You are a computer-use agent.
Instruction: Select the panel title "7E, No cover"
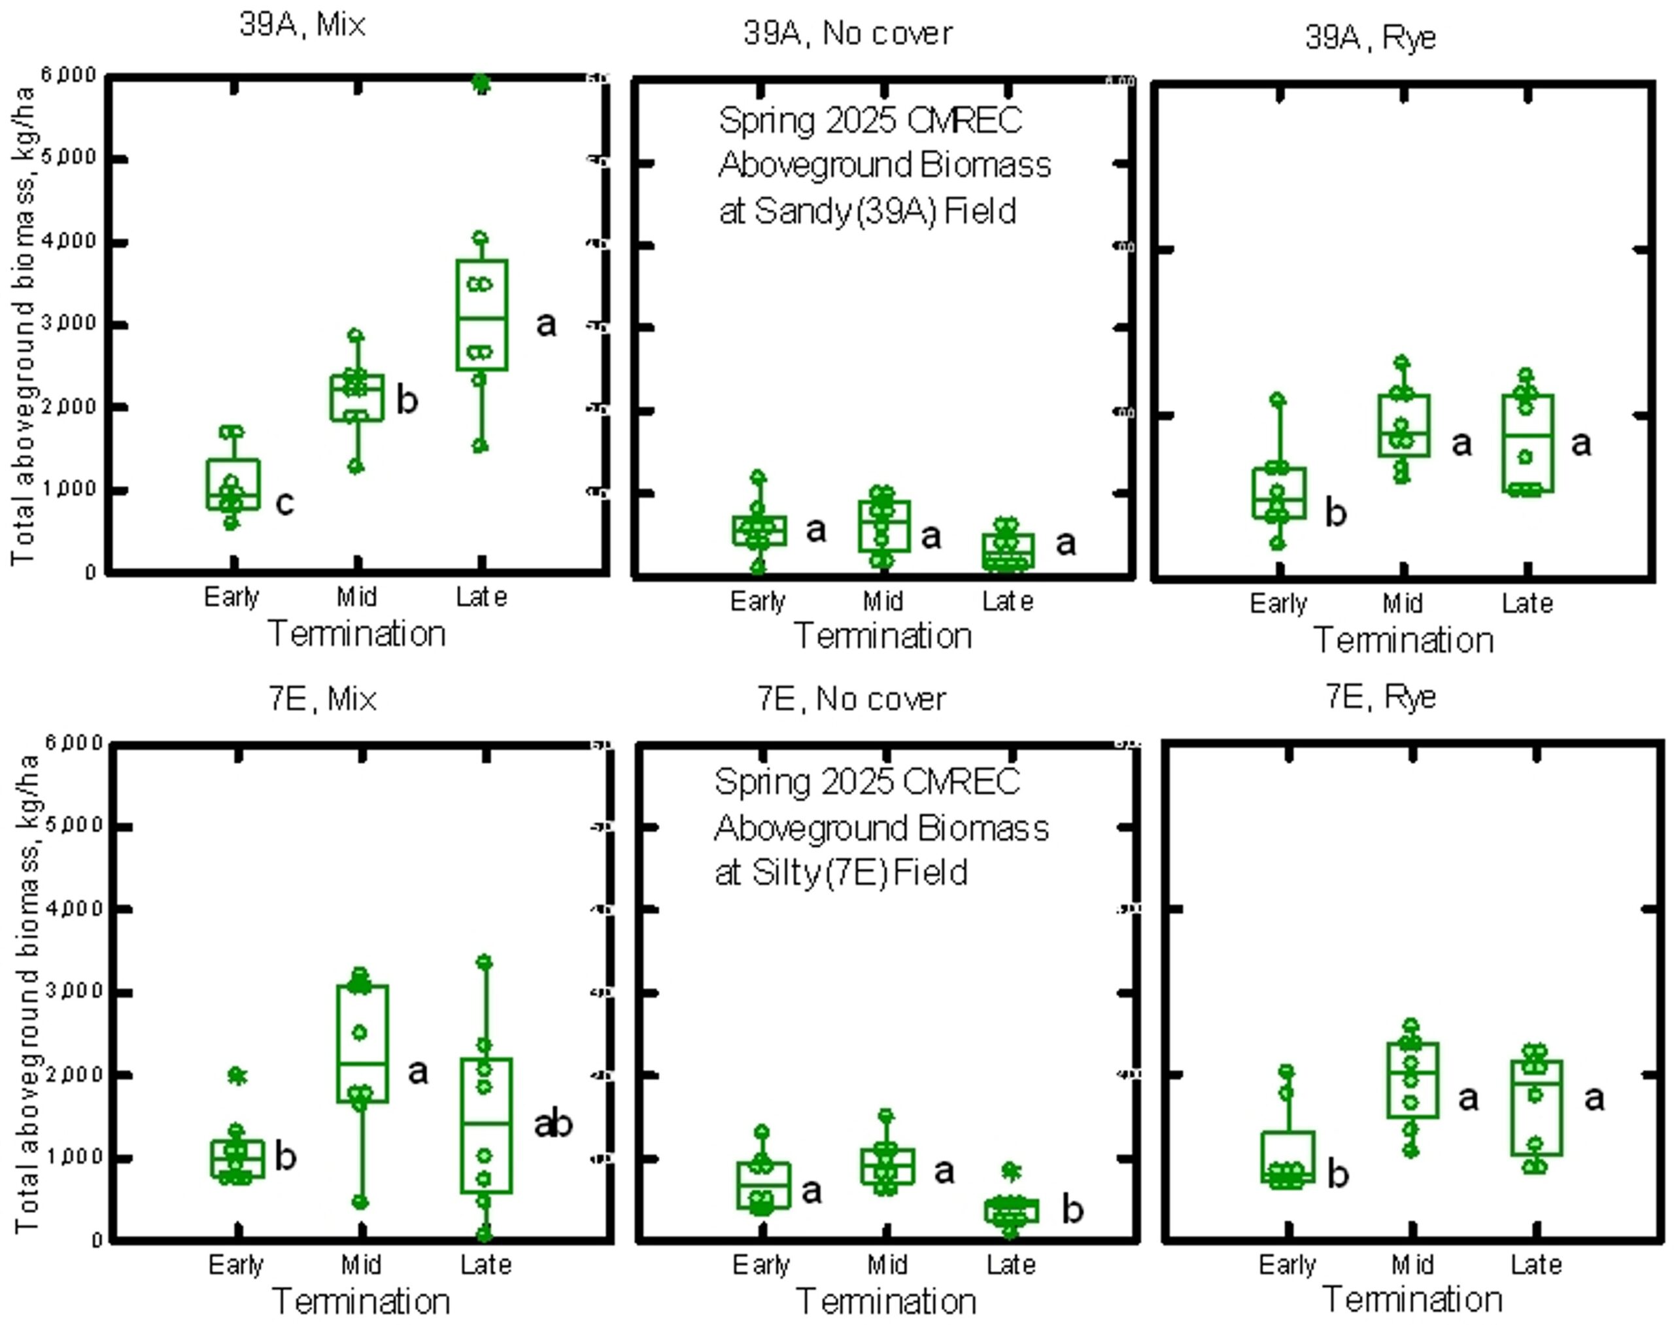[851, 699]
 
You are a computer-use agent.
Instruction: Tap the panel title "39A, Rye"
[1370, 37]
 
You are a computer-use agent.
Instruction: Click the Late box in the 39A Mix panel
[482, 315]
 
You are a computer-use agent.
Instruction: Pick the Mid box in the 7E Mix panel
[362, 1043]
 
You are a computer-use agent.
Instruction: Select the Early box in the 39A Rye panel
[1278, 492]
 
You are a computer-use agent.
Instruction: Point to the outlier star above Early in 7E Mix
[237, 1076]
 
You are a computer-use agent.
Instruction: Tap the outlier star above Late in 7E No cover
[1010, 1171]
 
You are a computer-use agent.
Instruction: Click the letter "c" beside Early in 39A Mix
[284, 504]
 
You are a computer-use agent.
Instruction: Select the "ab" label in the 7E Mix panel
[553, 1124]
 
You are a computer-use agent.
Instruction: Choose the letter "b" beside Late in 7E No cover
[1072, 1209]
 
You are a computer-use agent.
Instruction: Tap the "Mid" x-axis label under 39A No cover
[883, 601]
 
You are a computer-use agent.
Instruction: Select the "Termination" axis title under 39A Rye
[1403, 641]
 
